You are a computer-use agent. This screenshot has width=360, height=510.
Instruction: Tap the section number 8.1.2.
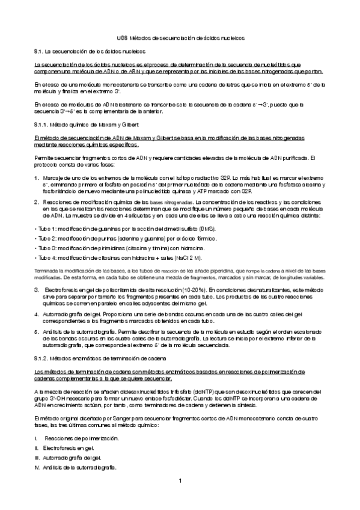tap(43, 358)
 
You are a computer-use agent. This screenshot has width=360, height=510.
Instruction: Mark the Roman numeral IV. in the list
tap(38, 467)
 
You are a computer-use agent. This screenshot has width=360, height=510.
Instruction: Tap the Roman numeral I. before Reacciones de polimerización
tap(37, 439)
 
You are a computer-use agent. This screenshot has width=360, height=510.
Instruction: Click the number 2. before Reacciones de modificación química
tap(37, 202)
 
